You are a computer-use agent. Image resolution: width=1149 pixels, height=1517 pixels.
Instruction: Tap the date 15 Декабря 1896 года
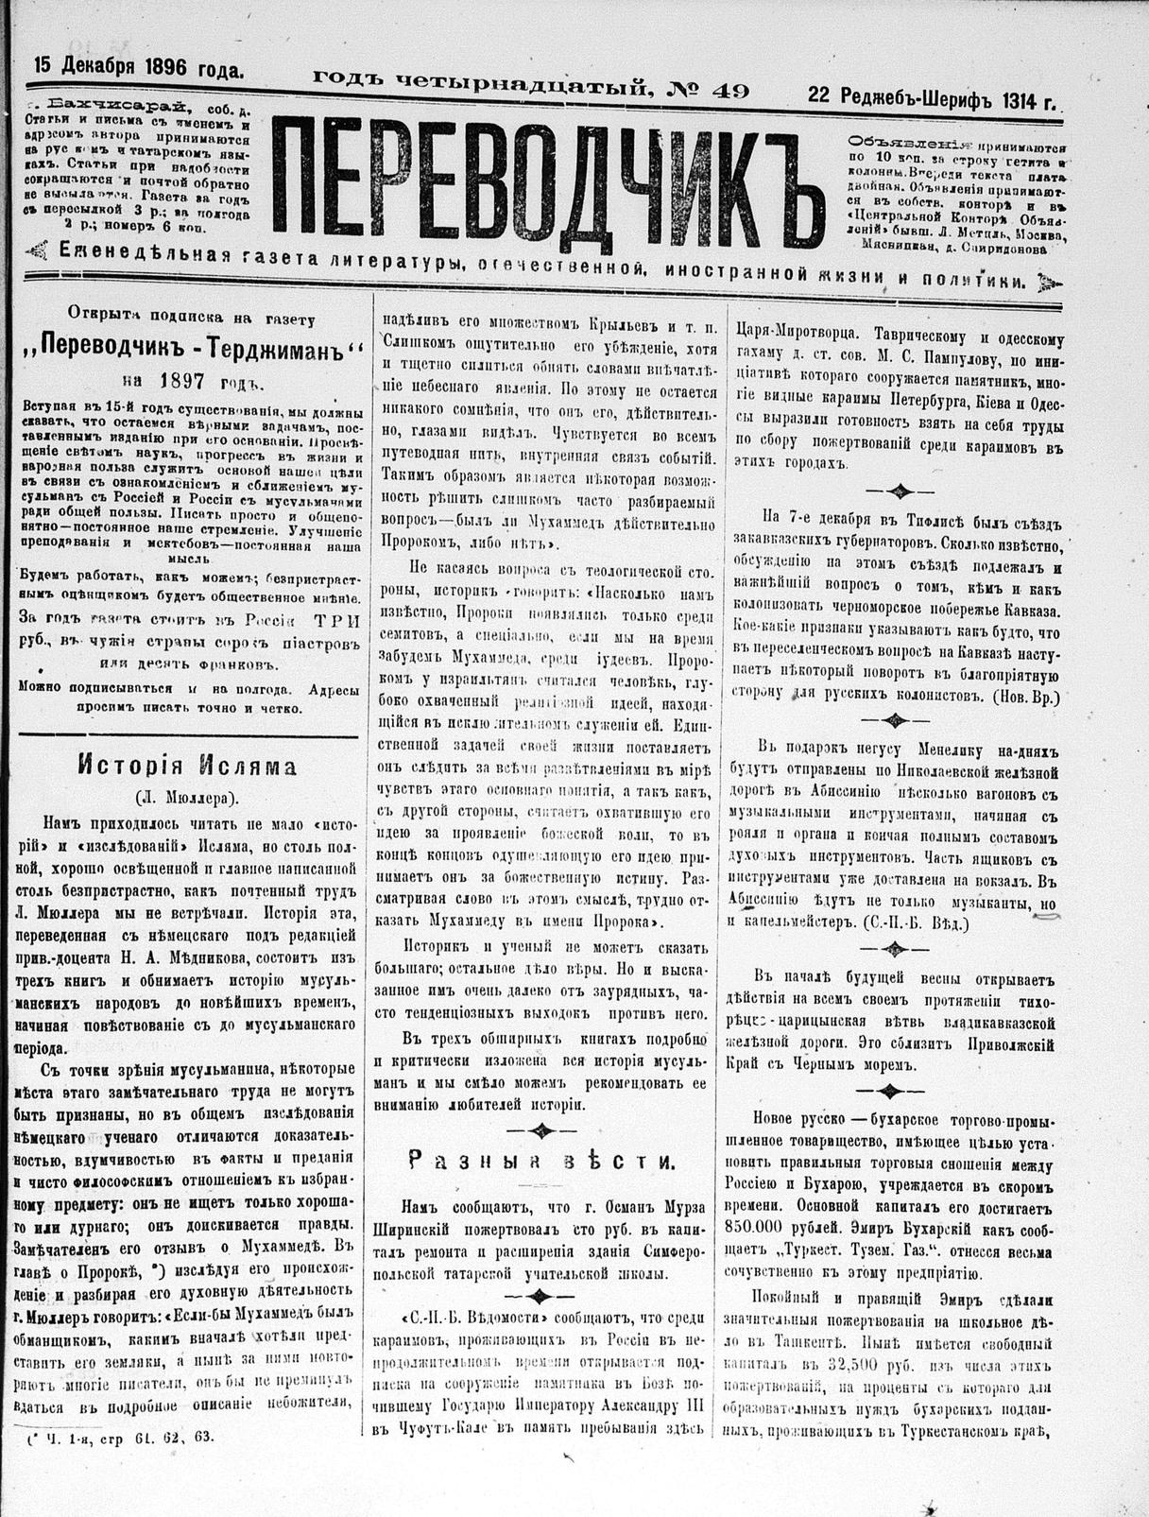139,67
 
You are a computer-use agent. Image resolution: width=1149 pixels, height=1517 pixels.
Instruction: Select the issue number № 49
708,91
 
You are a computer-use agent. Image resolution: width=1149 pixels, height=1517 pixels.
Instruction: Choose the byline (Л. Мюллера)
187,795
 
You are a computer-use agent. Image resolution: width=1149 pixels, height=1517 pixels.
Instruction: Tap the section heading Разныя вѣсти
541,1162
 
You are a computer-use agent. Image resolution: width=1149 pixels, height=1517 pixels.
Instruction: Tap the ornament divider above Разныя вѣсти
541,1129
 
